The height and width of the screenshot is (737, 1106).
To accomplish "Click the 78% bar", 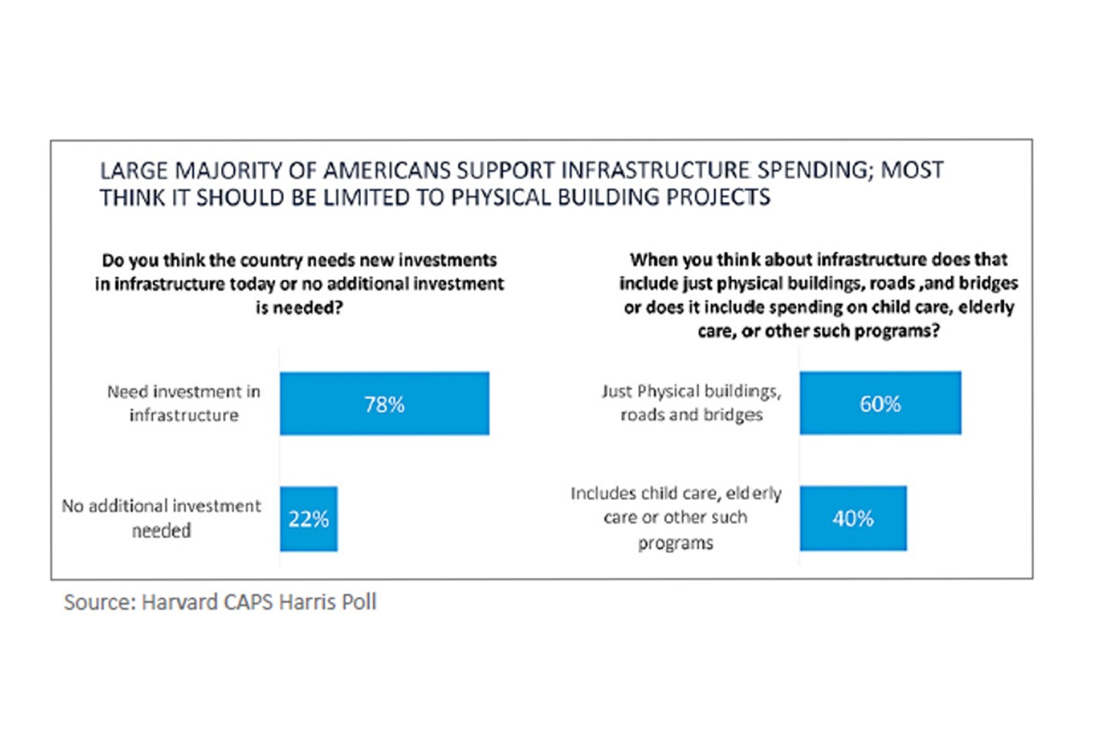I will tap(384, 404).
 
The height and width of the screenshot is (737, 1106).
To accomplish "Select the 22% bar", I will tap(308, 519).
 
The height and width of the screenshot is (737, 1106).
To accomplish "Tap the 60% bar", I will tap(880, 404).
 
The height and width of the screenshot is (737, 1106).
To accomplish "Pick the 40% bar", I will tap(853, 519).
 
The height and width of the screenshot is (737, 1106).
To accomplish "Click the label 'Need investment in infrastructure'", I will tap(184, 403).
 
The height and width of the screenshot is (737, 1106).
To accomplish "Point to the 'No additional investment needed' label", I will tap(161, 518).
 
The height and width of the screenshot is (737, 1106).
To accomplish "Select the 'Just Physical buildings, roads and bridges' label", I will tap(691, 403).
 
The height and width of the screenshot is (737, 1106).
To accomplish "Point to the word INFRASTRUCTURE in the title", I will tap(656, 170).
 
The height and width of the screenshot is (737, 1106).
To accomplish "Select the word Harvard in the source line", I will tap(180, 602).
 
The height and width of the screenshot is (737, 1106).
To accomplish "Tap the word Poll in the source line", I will tap(359, 602).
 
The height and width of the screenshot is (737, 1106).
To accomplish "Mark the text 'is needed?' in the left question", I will tap(299, 308).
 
